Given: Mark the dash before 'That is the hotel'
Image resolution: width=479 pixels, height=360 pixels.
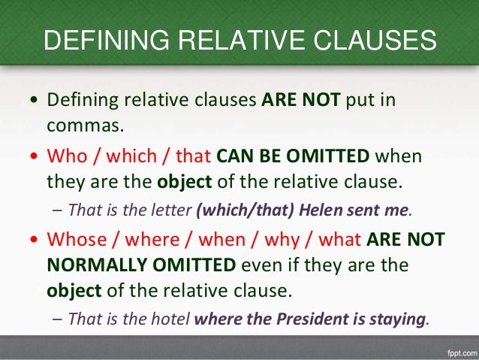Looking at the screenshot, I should pyautogui.click(x=58, y=318).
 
